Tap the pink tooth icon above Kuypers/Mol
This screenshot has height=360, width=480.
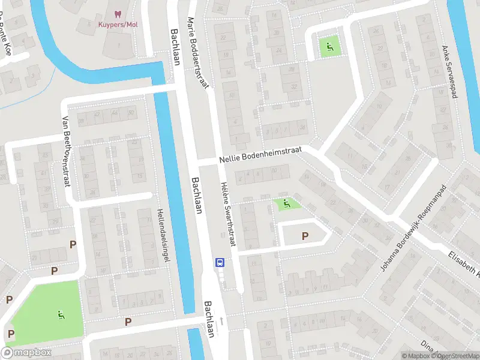click(118, 13)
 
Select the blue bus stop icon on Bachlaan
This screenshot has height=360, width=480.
click(220, 262)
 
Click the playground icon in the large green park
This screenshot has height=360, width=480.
click(61, 314)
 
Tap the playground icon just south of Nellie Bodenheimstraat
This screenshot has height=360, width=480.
click(286, 204)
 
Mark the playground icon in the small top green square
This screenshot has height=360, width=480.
click(328, 45)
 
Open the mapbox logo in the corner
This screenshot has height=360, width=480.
click(26, 353)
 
